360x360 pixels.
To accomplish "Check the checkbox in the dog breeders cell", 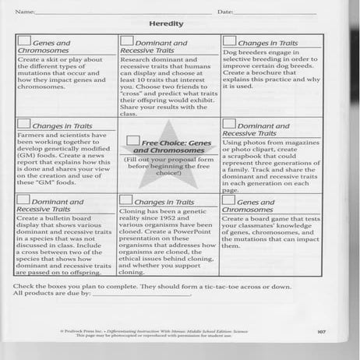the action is pyautogui.click(x=229, y=40).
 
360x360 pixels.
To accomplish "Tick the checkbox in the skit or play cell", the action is pyautogui.click(x=24, y=41).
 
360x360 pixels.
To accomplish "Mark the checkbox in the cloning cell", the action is pyautogui.click(x=129, y=200).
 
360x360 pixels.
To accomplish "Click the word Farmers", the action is pyautogui.click(x=29, y=136).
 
